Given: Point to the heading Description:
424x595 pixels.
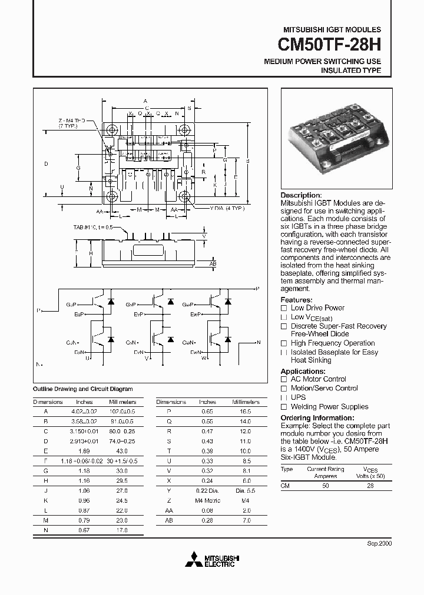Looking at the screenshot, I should pyautogui.click(x=301, y=195).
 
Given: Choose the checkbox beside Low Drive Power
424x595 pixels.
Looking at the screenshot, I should pyautogui.click(x=284, y=308).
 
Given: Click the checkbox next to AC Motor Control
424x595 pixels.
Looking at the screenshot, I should pyautogui.click(x=284, y=379).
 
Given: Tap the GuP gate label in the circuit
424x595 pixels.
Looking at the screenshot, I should pyautogui.click(x=71, y=305).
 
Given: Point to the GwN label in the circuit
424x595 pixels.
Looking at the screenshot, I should pyautogui.click(x=188, y=342).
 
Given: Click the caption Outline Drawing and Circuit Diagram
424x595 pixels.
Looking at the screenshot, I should pyautogui.click(x=82, y=389).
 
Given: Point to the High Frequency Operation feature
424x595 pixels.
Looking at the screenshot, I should pyautogui.click(x=332, y=343).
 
